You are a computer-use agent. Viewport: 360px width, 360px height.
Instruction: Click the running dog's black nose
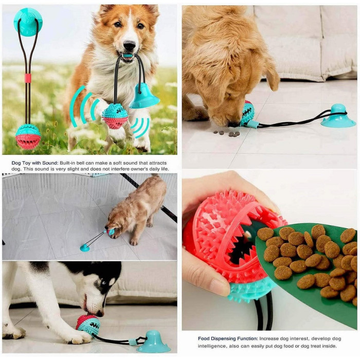129,46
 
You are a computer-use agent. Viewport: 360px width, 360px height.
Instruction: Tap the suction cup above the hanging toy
28,22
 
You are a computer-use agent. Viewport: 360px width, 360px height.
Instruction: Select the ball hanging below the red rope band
28,136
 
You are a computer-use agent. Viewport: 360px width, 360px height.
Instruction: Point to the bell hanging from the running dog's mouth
143,96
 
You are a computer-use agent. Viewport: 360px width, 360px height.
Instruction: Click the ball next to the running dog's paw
115,116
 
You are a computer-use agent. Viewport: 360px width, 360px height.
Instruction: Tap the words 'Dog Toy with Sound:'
35,163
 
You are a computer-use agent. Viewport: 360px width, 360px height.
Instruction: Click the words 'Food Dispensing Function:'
228,338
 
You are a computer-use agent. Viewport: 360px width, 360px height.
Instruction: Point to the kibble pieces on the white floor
227,133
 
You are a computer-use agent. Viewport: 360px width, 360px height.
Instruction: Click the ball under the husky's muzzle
88,325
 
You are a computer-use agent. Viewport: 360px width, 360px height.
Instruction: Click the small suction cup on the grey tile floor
85,248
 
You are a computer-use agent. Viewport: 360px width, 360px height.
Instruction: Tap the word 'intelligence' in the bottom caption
211,346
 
